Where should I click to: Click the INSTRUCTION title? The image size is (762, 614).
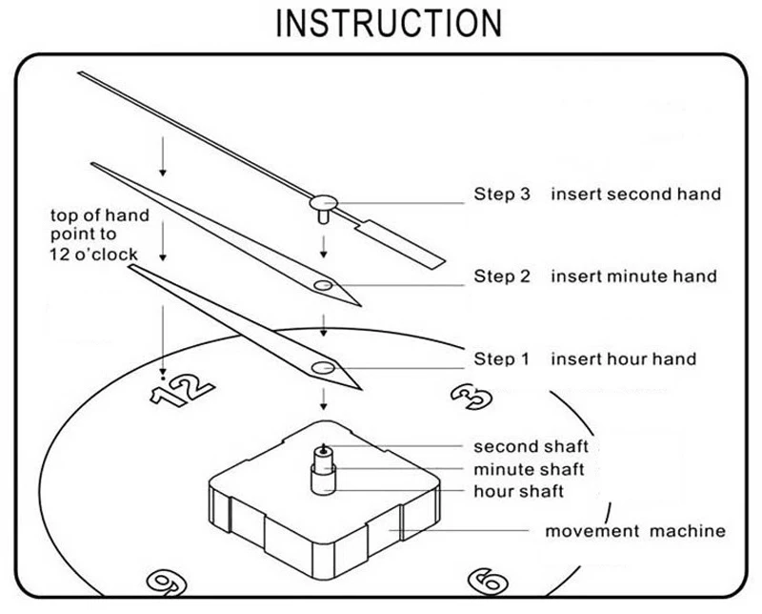point(388,23)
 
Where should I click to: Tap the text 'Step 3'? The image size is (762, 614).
point(501,194)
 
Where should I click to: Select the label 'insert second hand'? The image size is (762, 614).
point(635,194)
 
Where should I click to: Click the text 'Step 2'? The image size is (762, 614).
point(501,277)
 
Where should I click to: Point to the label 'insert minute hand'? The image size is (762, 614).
point(633,277)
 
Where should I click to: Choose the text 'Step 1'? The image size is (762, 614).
point(501,359)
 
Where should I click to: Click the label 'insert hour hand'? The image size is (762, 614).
point(623,359)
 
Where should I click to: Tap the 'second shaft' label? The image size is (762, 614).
point(531,446)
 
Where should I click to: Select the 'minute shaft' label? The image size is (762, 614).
point(529,469)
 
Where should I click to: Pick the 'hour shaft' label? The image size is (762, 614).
point(519,492)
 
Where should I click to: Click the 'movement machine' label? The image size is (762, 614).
point(634,531)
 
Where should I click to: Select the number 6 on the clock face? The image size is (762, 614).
point(486,580)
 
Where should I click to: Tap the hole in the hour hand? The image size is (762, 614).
point(324,367)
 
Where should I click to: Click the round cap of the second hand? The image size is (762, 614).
point(325,201)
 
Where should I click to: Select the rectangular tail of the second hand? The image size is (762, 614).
point(404,241)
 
